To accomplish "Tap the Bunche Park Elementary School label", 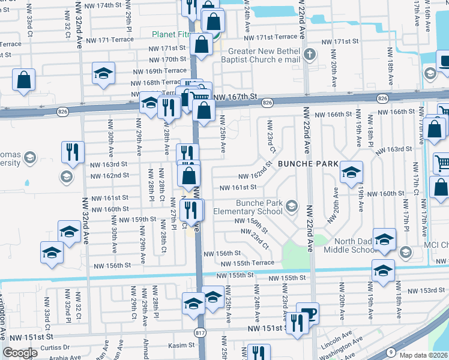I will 259,207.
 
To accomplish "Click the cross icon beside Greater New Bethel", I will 309,55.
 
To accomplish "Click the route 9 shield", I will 391,352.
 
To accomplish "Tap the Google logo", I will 20,352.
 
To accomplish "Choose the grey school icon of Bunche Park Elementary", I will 291,206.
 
